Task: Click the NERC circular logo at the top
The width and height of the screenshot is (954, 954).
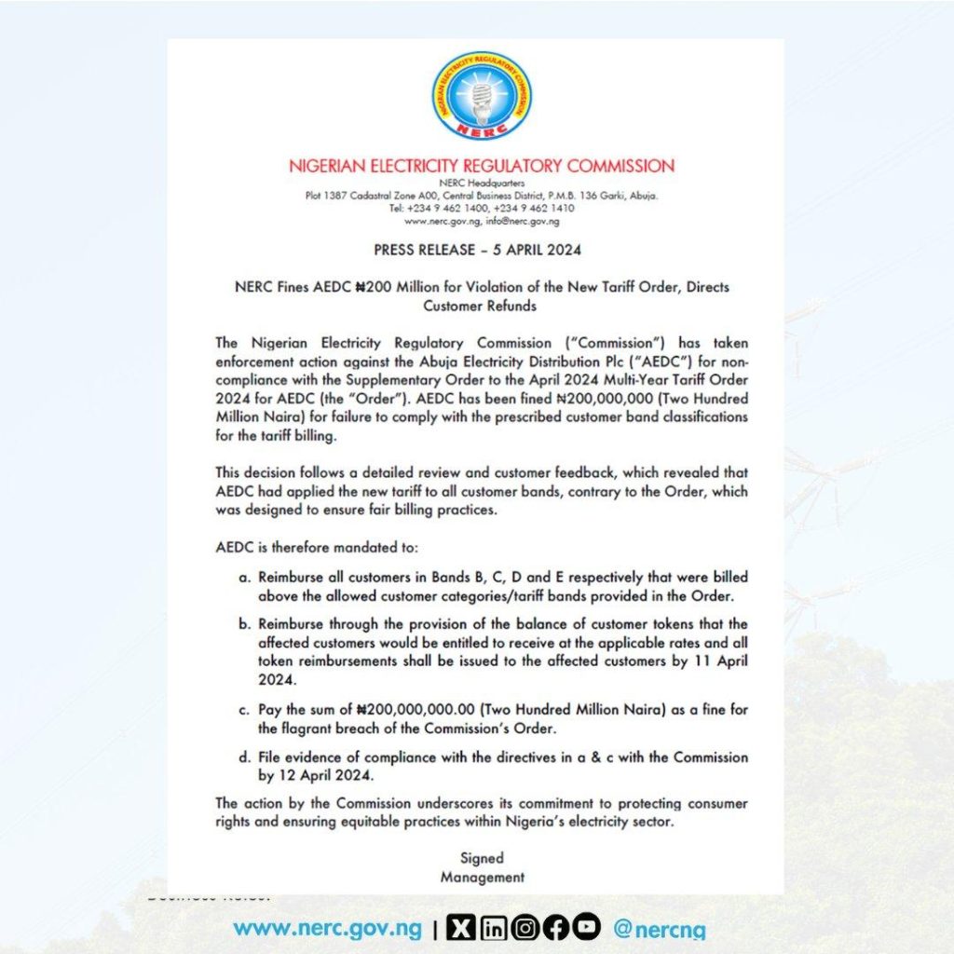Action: (x=481, y=96)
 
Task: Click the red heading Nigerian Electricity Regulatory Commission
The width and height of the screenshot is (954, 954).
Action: (x=481, y=167)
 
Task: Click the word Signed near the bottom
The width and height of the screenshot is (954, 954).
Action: (x=481, y=858)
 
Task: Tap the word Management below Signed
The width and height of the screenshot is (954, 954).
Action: (x=481, y=877)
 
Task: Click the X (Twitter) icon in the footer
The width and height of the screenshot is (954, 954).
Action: (x=461, y=928)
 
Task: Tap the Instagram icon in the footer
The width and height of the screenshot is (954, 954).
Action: (x=525, y=928)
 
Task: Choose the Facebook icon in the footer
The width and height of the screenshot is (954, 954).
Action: (x=556, y=928)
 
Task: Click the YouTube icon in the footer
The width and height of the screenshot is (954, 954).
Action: (x=587, y=928)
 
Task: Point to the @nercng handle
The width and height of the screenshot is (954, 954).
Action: (x=660, y=929)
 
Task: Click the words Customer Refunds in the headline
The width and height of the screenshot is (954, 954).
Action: (x=481, y=305)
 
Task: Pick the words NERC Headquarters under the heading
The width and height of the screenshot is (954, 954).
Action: (x=481, y=184)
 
